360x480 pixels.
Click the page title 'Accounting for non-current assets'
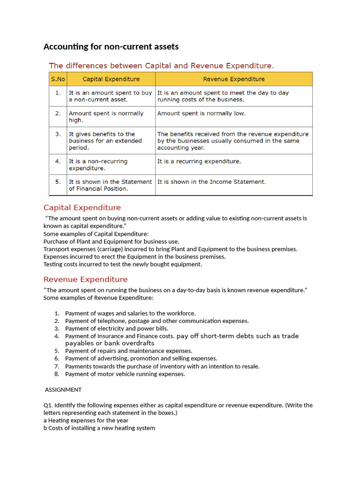coord(111,46)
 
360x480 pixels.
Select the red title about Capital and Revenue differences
coord(162,66)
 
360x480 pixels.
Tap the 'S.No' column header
coord(58,79)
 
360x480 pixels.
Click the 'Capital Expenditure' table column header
coord(111,79)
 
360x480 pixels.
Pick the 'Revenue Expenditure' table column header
coord(233,79)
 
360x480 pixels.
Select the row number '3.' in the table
coord(58,134)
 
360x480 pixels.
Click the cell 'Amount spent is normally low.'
coord(201,113)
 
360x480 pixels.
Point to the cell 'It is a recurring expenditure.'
coord(199,161)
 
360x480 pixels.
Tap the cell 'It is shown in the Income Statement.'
coord(211,182)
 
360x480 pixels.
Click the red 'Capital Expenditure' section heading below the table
coord(82,208)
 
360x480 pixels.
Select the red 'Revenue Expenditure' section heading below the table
coord(85,279)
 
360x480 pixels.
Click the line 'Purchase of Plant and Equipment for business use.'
coord(112,241)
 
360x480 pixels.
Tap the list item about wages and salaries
coord(130,313)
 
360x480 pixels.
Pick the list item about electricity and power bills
coord(116,329)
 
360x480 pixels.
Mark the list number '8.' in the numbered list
coord(57,374)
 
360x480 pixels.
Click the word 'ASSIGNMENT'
coord(63,390)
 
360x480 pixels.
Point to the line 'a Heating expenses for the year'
coord(86,420)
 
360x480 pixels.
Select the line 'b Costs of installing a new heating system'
coord(99,428)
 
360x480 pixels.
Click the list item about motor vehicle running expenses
coord(125,374)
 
